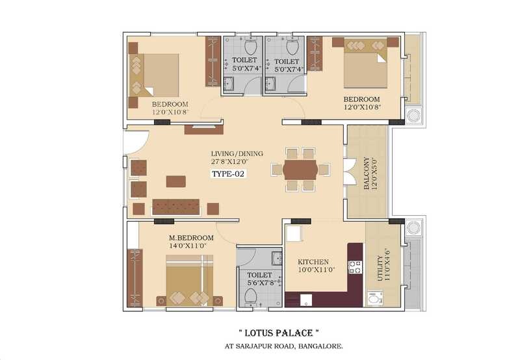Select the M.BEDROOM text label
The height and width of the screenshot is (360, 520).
coord(171,238)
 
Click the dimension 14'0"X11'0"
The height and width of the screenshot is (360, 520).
coord(171,247)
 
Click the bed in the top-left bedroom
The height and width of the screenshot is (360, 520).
coord(156,73)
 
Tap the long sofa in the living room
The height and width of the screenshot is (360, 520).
coord(175,207)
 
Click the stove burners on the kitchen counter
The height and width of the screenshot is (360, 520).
coord(356,267)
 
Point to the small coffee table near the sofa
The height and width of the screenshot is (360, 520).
coord(175,181)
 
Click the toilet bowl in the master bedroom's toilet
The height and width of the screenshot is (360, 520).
coord(251,296)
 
